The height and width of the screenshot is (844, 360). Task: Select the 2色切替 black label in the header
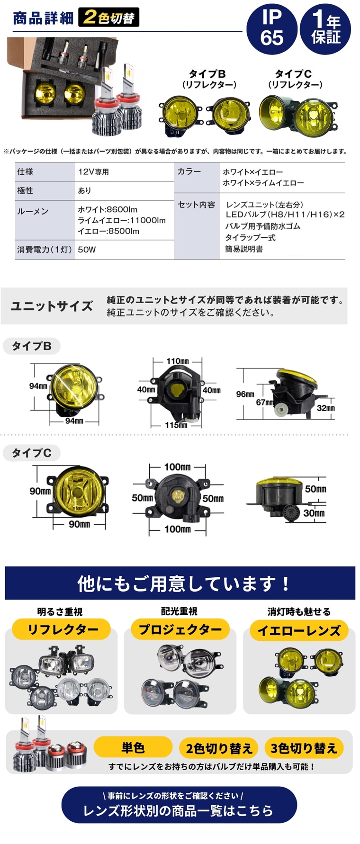(109, 18)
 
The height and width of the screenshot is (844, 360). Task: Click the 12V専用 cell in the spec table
(94, 172)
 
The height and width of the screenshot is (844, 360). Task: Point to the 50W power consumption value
(87, 250)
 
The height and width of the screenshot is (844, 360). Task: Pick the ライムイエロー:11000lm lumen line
(122, 220)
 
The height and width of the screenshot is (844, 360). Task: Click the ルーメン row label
(33, 211)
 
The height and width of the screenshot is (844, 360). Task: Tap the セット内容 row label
(196, 205)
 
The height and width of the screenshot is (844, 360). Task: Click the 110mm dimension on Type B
(177, 361)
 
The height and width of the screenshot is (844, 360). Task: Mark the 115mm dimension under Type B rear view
(176, 425)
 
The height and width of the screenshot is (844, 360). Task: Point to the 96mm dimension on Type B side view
(245, 394)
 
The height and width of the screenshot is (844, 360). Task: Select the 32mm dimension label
(325, 408)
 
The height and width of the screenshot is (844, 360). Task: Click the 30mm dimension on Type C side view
(314, 513)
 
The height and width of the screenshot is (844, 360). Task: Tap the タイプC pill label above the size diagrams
(32, 453)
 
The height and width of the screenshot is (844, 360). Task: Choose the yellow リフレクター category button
(62, 629)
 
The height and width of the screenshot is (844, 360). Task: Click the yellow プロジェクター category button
(180, 629)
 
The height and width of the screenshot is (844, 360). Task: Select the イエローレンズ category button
(298, 630)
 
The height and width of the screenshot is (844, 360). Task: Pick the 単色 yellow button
(133, 748)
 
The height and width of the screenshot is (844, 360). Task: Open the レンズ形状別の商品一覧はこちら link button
(179, 810)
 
